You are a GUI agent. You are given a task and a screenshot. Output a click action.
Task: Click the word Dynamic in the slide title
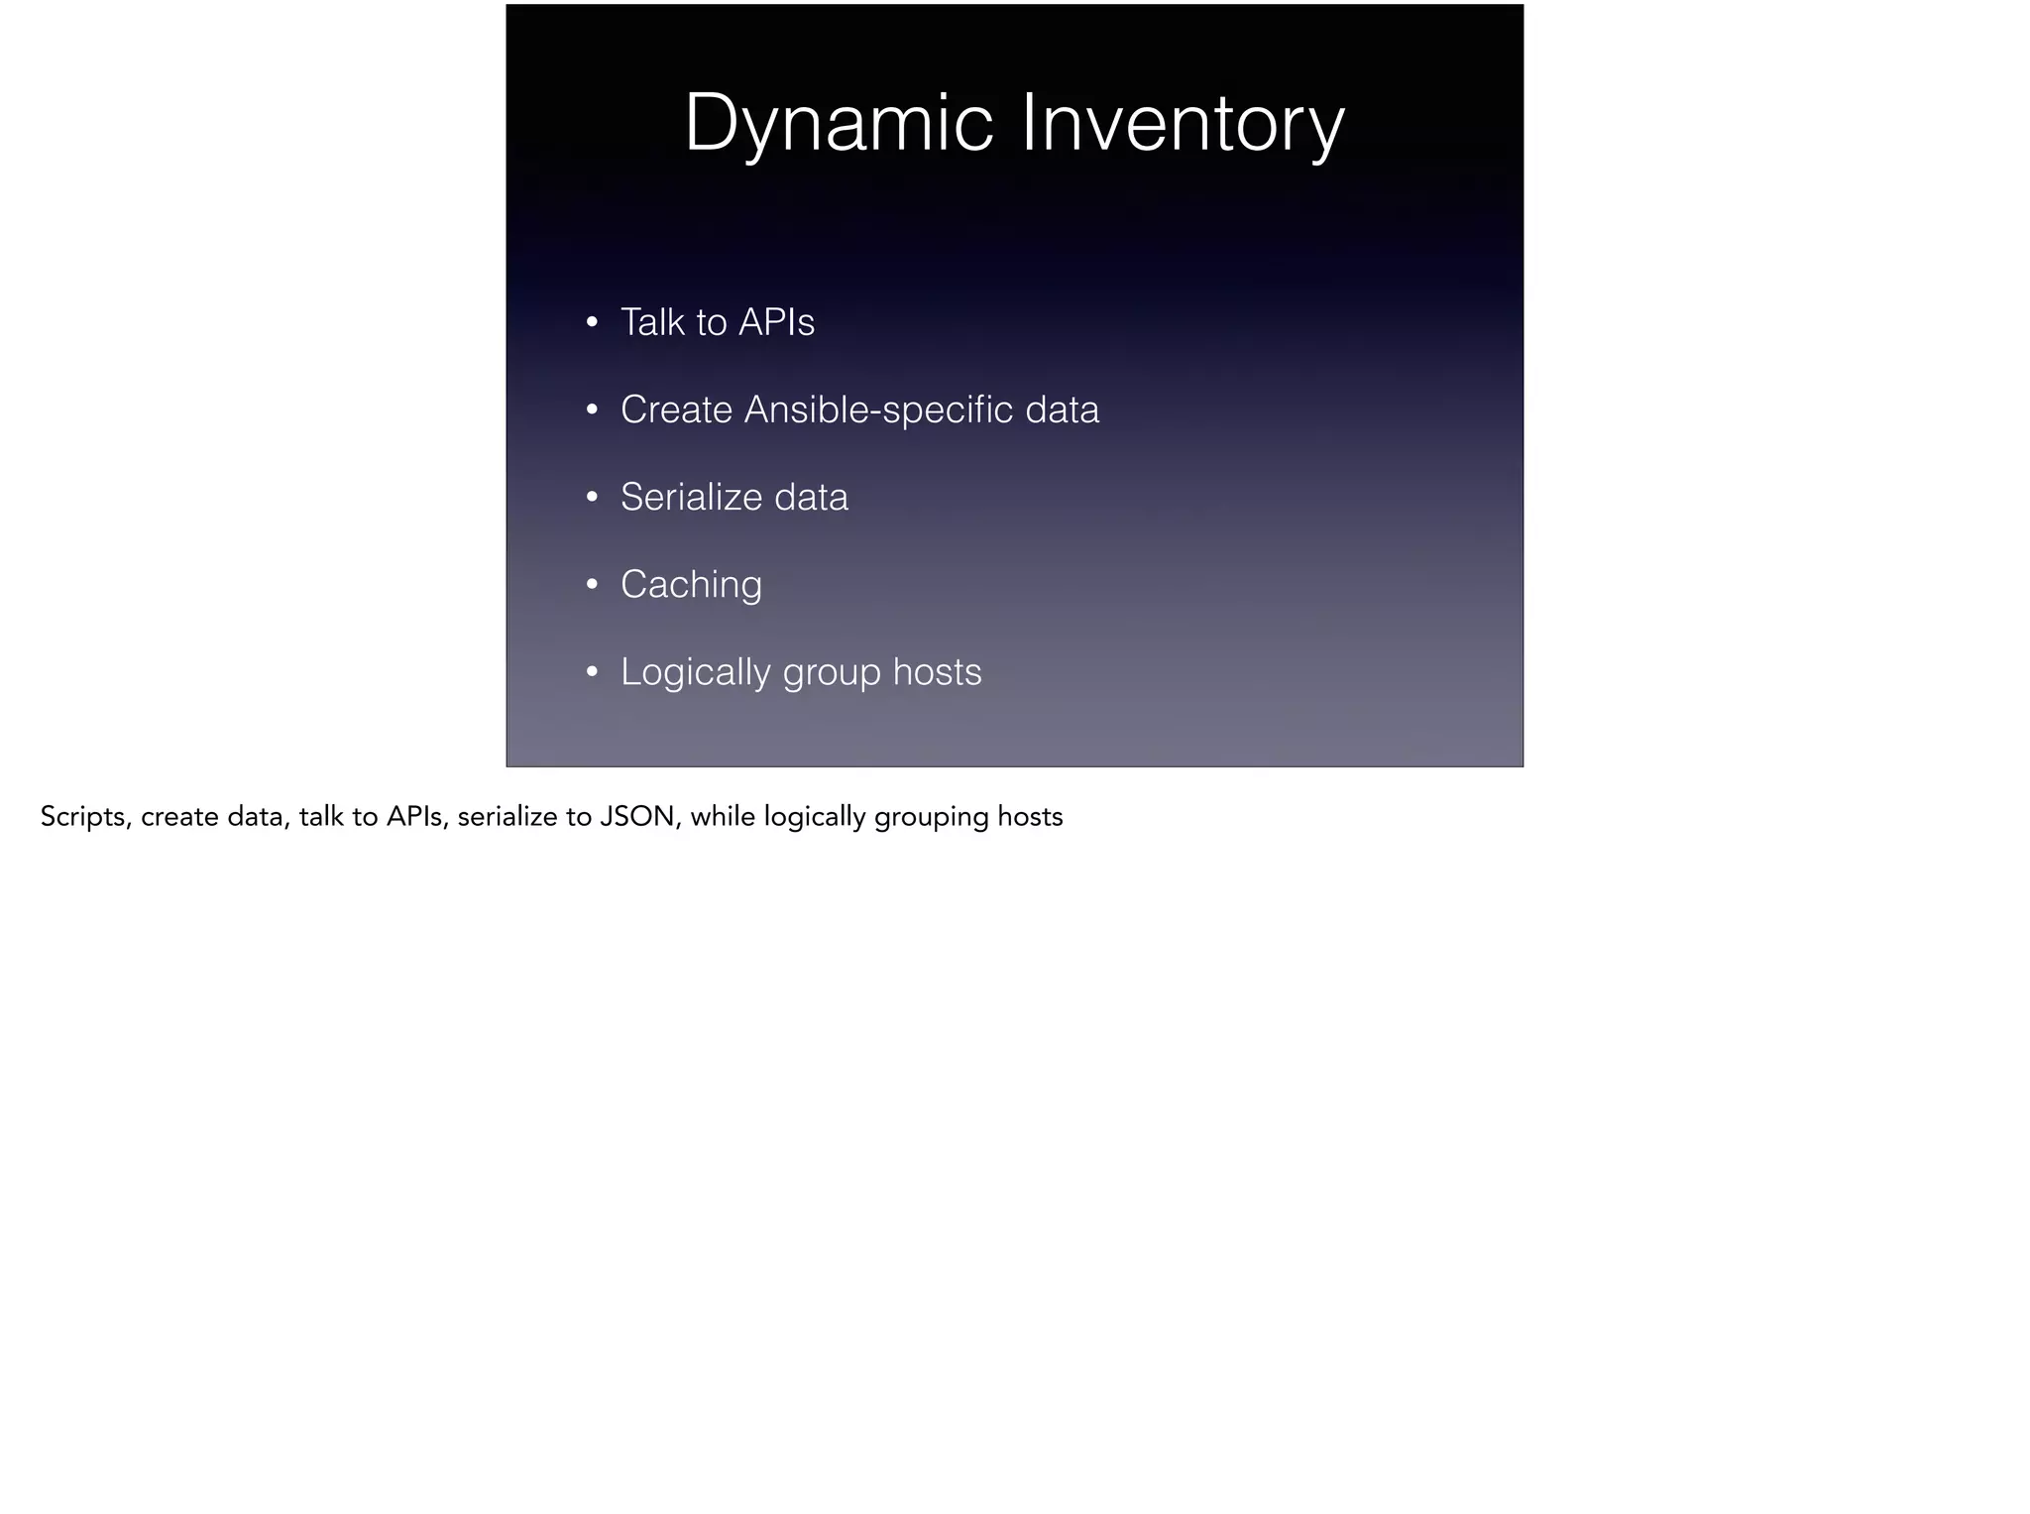839,124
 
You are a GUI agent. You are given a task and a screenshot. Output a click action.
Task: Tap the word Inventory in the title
1183,124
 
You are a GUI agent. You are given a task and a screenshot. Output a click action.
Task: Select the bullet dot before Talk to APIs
592,322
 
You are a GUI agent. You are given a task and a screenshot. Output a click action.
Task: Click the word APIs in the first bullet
777,322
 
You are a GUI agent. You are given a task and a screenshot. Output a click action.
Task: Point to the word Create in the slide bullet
676,409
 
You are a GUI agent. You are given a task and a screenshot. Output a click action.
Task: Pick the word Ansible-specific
879,409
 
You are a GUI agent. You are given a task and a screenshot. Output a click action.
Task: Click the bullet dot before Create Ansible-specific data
592,409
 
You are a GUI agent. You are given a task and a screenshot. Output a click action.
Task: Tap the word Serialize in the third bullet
691,497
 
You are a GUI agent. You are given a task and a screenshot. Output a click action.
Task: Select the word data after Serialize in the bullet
811,497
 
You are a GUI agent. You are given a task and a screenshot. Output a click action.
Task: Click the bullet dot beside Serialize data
592,497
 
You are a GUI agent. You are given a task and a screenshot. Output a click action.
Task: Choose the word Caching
691,585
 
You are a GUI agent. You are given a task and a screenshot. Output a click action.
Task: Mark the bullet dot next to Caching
592,585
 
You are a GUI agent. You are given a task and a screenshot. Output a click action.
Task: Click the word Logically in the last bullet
695,672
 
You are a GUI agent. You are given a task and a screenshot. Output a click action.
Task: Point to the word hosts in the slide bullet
937,672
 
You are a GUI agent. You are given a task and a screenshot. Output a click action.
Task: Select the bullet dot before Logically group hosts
592,672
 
